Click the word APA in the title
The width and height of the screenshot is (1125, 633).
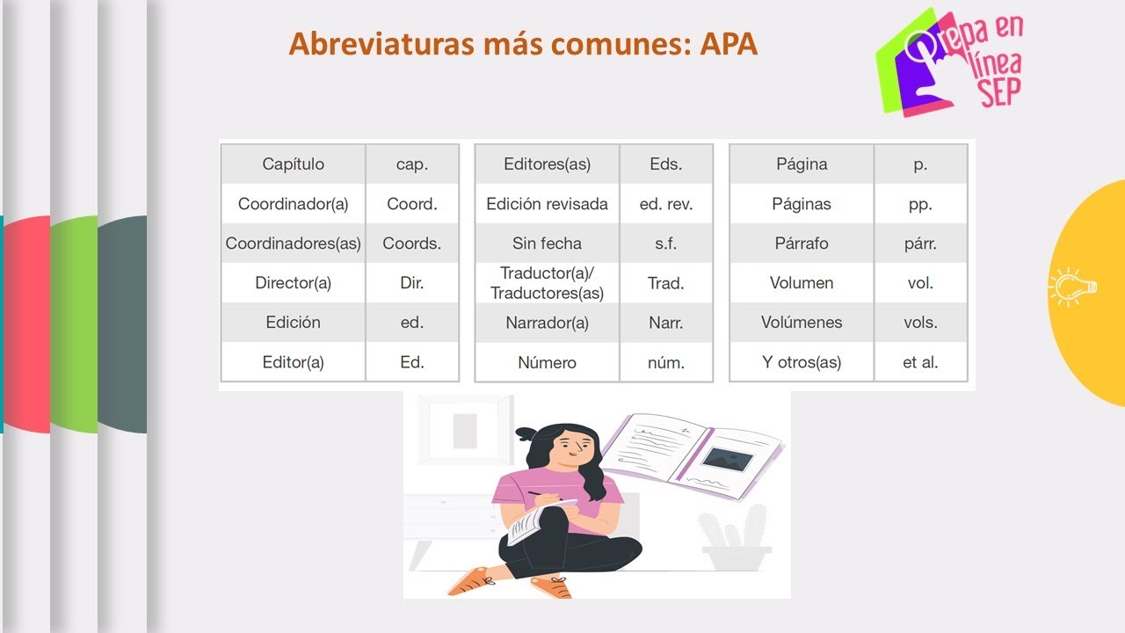pos(729,43)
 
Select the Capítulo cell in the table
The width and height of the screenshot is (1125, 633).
pos(293,164)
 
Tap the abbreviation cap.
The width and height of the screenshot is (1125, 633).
pos(411,164)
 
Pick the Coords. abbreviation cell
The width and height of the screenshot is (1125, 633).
pos(411,244)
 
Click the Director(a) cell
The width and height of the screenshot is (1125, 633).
pos(293,283)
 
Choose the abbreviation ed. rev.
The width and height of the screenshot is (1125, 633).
pos(666,204)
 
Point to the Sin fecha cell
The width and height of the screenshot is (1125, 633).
pos(547,244)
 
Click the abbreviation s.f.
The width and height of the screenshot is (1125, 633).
pos(666,244)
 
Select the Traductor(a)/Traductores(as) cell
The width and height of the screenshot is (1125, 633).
pos(547,283)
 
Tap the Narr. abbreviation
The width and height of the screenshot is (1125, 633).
pos(666,323)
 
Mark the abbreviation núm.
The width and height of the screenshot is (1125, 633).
pos(666,362)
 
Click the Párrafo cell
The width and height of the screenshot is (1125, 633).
pos(802,244)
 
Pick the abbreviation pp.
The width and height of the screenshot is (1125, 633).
pos(920,204)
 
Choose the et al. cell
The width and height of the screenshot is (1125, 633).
pos(920,362)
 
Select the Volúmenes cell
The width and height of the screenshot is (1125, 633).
pos(802,323)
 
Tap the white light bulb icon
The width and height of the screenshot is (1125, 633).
pos(1071,287)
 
